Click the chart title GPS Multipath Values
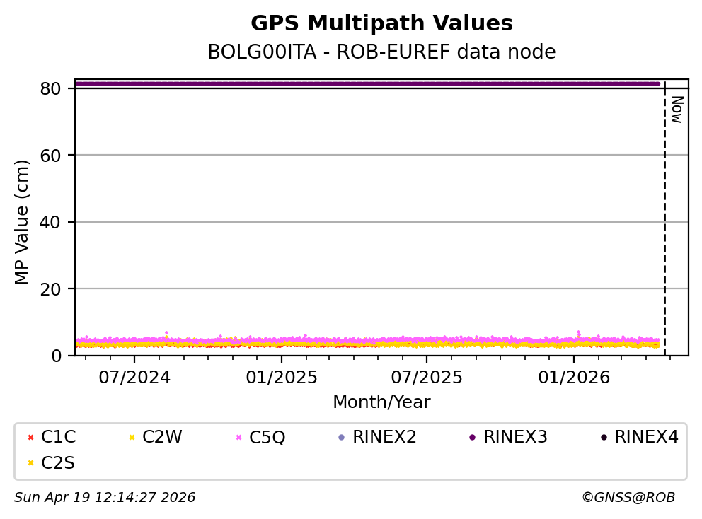tap(381, 23)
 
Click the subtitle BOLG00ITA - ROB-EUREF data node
tap(381, 52)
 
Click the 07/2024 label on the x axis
tap(134, 377)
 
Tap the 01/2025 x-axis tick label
tap(281, 377)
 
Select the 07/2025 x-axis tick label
tap(427, 377)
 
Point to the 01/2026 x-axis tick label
tap(573, 377)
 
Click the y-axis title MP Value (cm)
tap(23, 222)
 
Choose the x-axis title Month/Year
tap(381, 402)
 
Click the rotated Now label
tap(677, 110)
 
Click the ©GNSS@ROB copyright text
tap(628, 498)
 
